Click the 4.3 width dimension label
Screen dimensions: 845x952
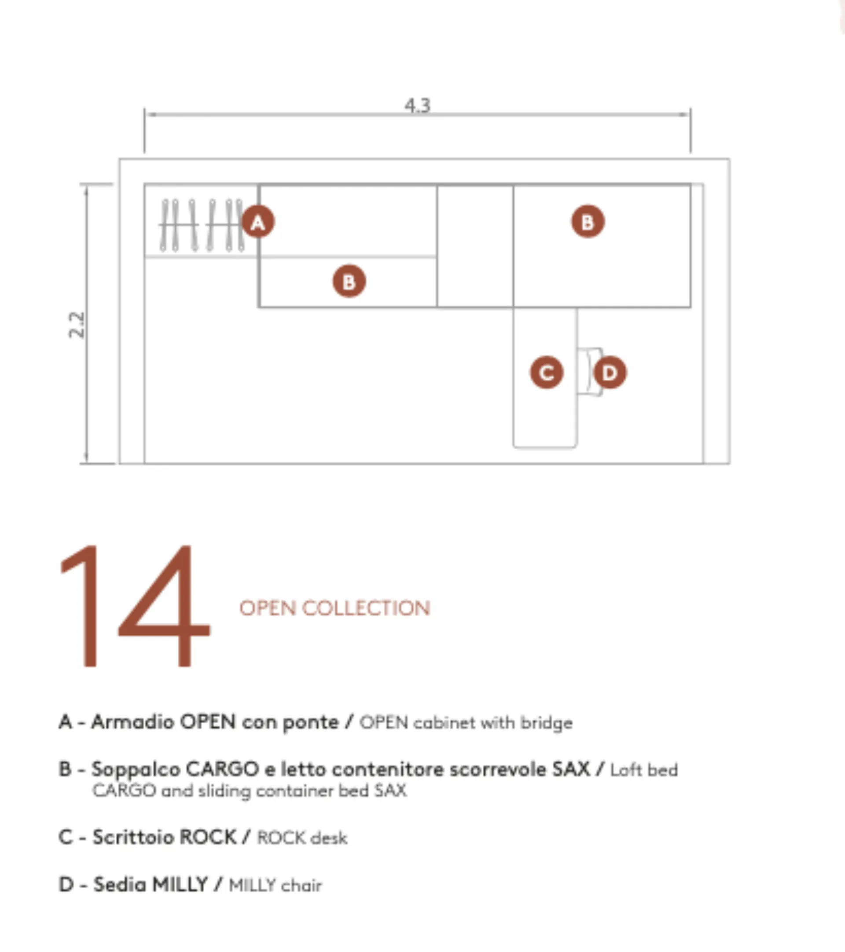(x=417, y=106)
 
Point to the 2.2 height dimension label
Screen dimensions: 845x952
(x=77, y=325)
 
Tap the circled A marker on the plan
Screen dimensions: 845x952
(x=258, y=222)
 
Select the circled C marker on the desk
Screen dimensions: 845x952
(x=547, y=373)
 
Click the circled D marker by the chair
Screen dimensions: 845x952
(x=610, y=373)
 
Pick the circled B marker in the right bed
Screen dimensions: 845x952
(x=588, y=222)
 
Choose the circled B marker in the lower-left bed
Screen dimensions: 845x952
(x=349, y=281)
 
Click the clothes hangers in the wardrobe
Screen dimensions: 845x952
(x=201, y=225)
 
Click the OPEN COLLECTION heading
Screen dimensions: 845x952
(x=335, y=608)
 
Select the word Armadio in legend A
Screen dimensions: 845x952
(x=133, y=722)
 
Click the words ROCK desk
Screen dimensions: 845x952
(x=302, y=838)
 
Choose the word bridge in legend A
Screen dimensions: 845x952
(x=547, y=724)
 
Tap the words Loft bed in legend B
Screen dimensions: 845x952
(x=644, y=770)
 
